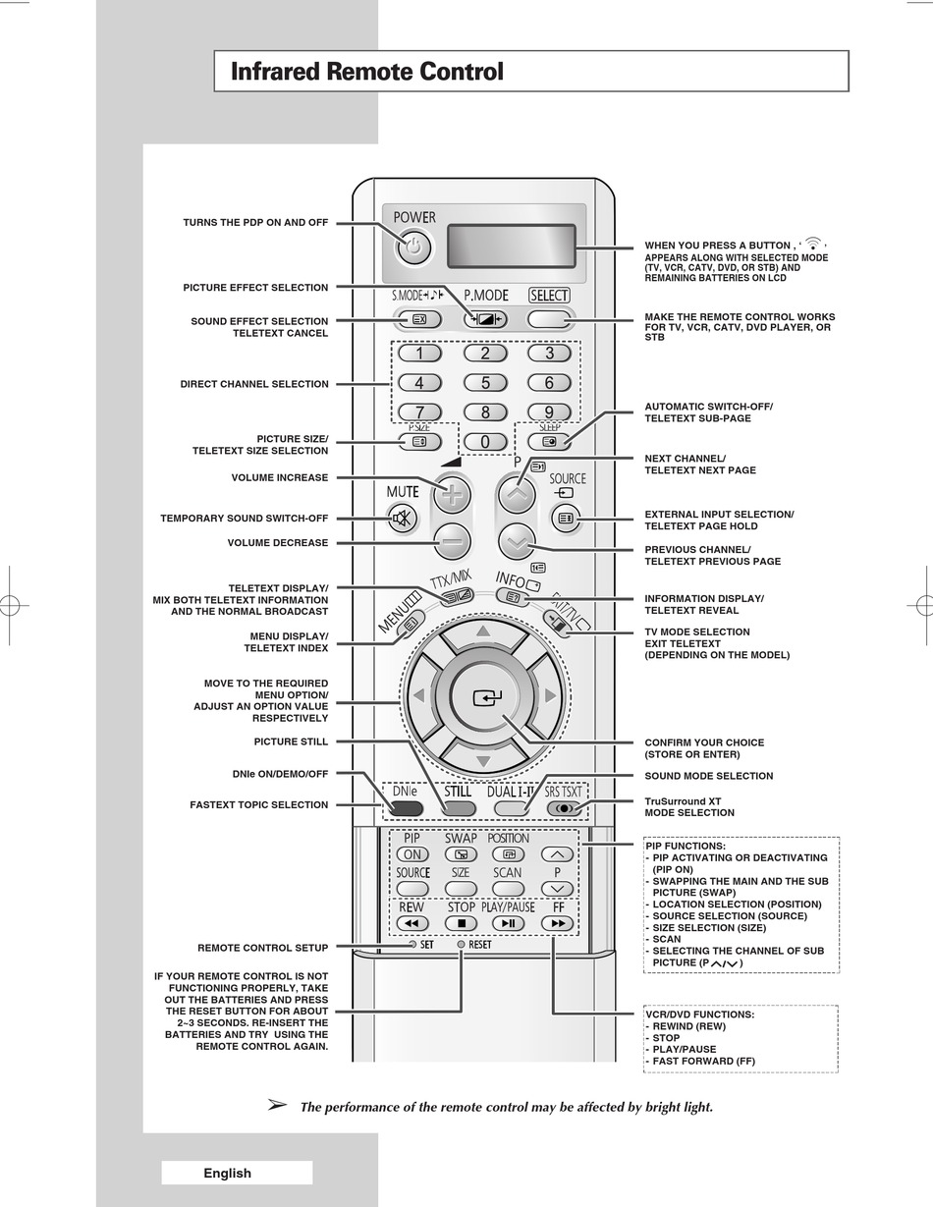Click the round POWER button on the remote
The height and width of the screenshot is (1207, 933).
pos(413,248)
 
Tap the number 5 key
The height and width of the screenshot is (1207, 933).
pos(484,383)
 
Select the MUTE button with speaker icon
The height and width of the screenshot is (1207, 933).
pos(402,519)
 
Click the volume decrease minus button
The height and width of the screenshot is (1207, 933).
pos(452,541)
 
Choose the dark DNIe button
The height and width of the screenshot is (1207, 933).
pos(405,808)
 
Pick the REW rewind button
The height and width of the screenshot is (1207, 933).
pos(412,923)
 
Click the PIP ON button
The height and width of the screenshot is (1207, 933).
pos(412,854)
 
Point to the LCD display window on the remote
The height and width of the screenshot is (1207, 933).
pos(511,246)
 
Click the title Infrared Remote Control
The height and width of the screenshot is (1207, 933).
pos(366,72)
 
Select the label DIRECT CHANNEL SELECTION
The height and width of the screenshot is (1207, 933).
pos(254,384)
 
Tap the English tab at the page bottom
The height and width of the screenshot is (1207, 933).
pos(228,1173)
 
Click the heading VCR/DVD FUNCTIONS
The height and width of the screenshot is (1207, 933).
pos(699,1015)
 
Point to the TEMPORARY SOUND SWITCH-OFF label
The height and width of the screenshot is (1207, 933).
pos(245,519)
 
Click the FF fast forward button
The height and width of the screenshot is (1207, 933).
pos(558,923)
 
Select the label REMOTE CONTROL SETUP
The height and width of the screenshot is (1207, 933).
pos(263,948)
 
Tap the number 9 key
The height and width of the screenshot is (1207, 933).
pos(549,412)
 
